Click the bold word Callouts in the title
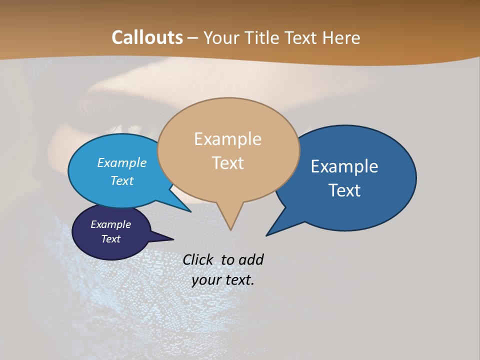coord(147,37)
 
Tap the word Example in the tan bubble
coord(227,139)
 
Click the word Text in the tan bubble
coord(227,163)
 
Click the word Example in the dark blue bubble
coord(344,166)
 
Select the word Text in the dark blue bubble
coord(344,190)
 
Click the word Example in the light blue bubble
coord(121,162)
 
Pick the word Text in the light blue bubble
coord(121,180)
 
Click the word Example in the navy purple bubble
coord(110,224)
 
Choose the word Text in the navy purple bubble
coord(110,239)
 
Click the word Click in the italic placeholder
coord(198,259)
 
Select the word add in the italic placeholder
coord(250,259)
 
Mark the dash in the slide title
coord(193,38)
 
